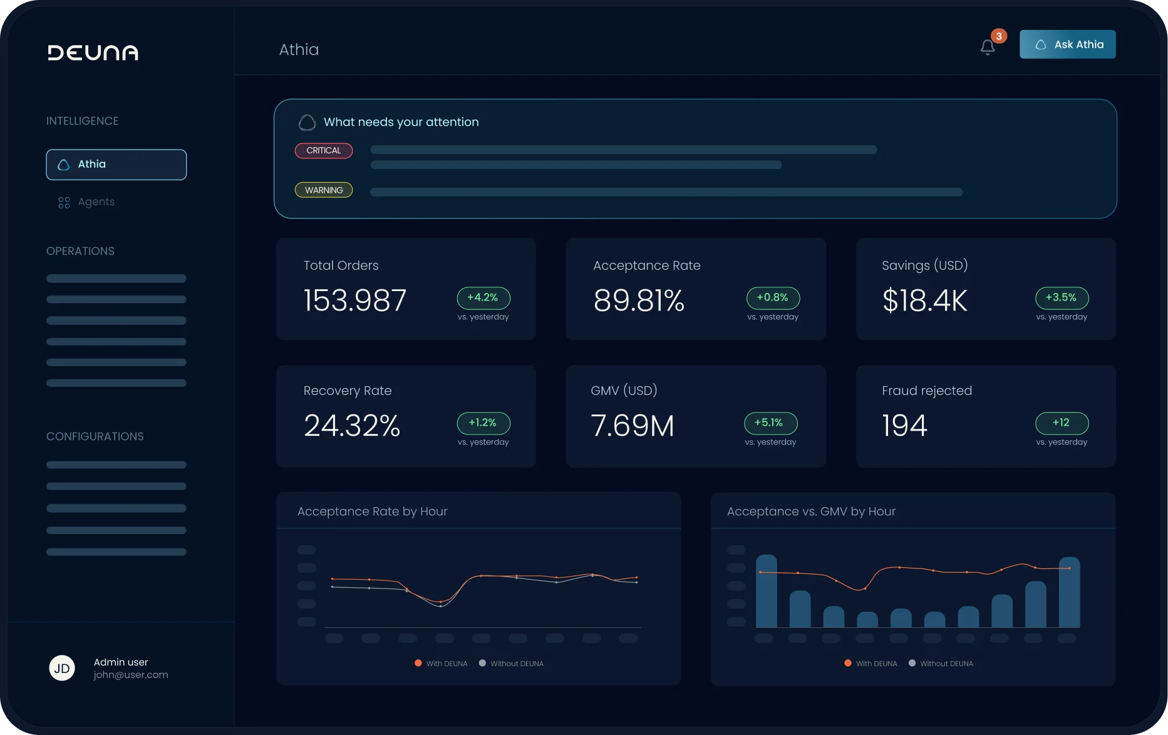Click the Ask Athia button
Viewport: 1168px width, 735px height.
[x=1067, y=44]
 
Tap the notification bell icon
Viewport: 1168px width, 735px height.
[x=988, y=47]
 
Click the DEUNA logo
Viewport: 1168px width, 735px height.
[x=93, y=53]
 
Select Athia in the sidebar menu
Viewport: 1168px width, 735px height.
[x=116, y=165]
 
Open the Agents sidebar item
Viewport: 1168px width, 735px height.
[x=86, y=202]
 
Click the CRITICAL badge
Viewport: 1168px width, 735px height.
[x=324, y=151]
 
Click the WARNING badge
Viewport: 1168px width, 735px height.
[x=324, y=190]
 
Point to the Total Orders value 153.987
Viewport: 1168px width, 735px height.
[x=355, y=301]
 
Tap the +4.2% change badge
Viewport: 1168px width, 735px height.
[x=483, y=298]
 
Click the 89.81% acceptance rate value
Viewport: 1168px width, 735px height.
[x=639, y=301]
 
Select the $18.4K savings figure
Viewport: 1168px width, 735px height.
[x=925, y=301]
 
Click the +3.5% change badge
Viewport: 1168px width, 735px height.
[x=1062, y=298]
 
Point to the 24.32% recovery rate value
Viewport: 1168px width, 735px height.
[x=352, y=426]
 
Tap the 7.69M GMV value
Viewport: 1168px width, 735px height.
[x=633, y=426]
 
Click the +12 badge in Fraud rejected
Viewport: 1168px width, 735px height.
[x=1062, y=423]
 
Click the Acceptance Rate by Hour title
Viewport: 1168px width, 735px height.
[x=373, y=511]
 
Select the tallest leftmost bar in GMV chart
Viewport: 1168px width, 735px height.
[x=767, y=591]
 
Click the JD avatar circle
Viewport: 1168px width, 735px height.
[x=62, y=668]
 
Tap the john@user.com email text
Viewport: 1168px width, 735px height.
[x=131, y=675]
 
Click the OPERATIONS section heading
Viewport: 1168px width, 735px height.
[x=80, y=251]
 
